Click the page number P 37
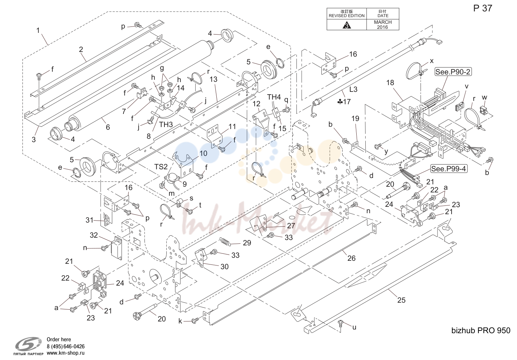482,8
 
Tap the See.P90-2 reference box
453,72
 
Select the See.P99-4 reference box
449,169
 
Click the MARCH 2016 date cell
383,24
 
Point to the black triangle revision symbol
347,25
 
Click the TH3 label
166,125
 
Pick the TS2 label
161,167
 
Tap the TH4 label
274,97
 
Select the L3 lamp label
353,89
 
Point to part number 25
401,300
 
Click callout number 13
213,79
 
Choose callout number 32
94,235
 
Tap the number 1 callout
38,30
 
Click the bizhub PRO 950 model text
481,331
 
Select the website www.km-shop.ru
65,353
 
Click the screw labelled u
340,323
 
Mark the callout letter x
431,61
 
